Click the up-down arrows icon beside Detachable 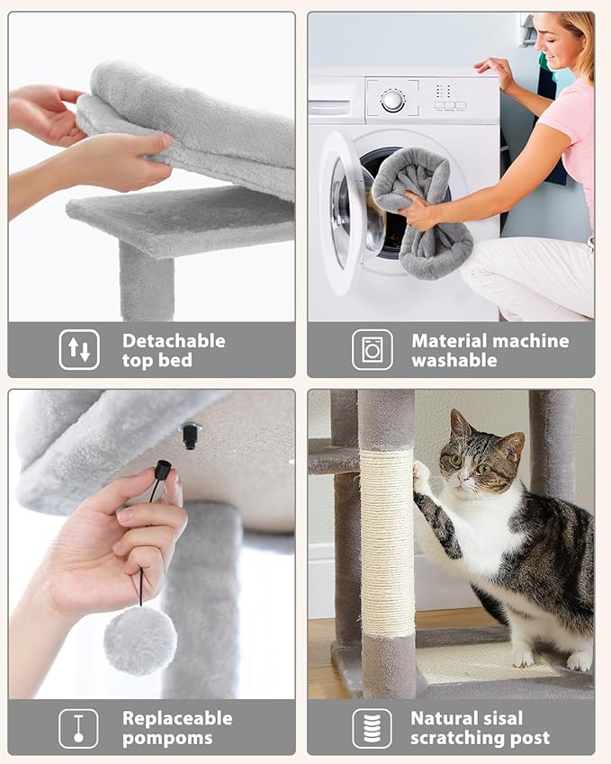coord(79,349)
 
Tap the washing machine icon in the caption coord(372,349)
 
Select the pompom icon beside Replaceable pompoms coord(79,727)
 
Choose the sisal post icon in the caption coord(372,727)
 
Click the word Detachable coord(174,341)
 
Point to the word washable coord(454,360)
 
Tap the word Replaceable coord(177,718)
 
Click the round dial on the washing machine coord(392,101)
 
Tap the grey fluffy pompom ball coord(139,640)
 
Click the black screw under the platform coord(190,435)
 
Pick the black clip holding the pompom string coord(163,470)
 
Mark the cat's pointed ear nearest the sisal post coord(459,423)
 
